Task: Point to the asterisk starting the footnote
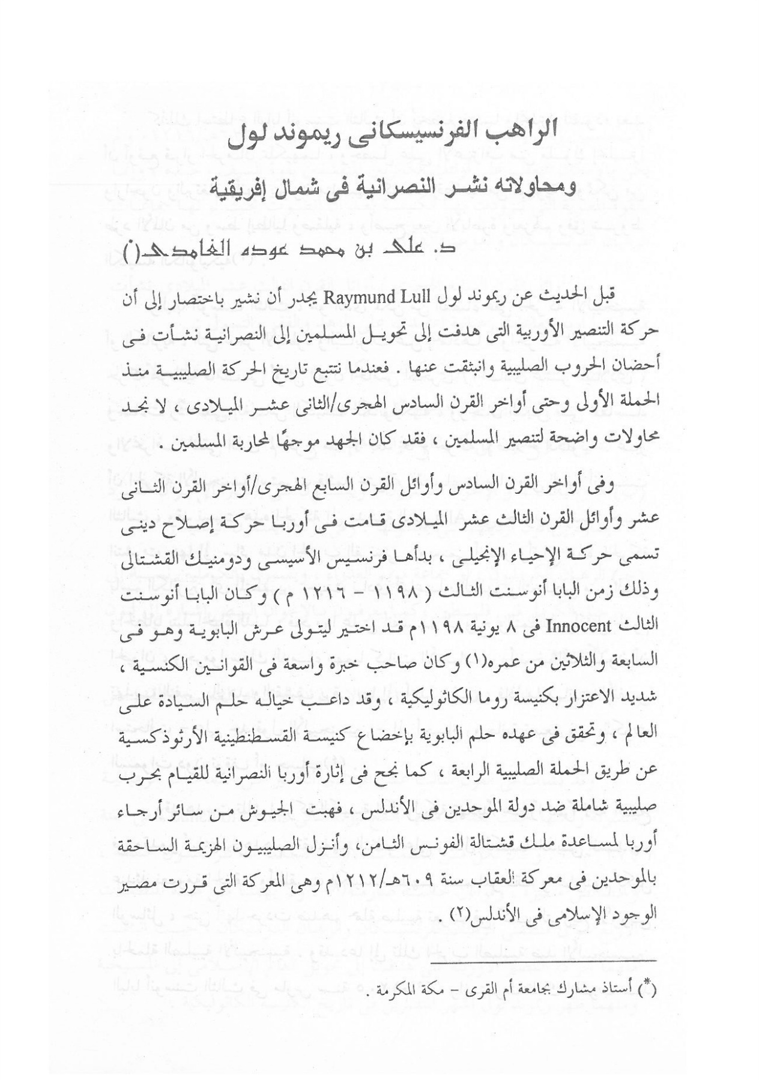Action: coord(650,990)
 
